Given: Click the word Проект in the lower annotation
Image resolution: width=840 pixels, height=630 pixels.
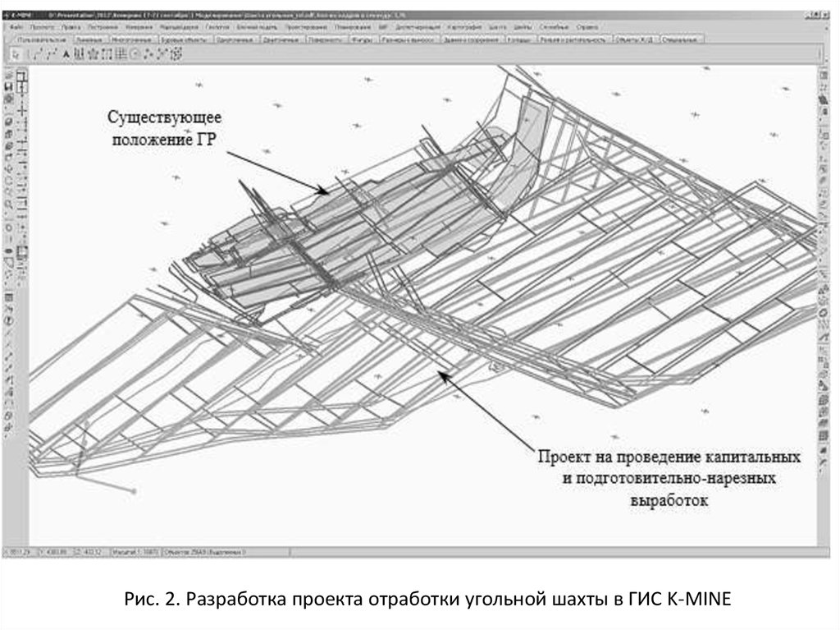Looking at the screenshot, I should [x=563, y=456].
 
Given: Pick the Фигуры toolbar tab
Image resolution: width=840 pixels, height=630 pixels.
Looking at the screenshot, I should [x=362, y=39].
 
